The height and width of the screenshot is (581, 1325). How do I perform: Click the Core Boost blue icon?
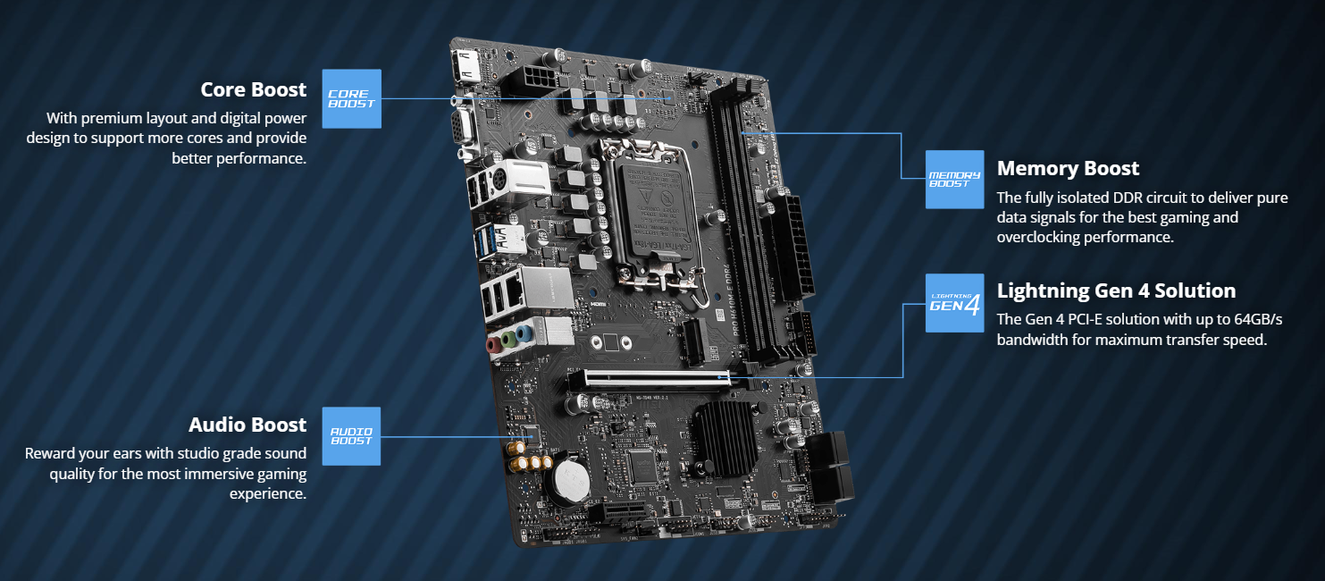(x=351, y=99)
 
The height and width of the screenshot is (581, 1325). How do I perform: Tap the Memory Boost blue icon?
(x=955, y=180)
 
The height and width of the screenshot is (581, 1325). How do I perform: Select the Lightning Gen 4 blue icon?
(x=955, y=303)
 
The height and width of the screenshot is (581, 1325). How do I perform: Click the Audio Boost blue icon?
(x=351, y=436)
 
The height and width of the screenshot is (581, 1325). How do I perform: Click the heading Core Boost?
(x=253, y=90)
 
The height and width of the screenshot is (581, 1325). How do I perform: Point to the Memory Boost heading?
(x=1068, y=169)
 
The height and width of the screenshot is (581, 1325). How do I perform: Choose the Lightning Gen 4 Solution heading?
(x=1116, y=291)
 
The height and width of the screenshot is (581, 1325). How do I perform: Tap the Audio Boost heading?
(x=247, y=425)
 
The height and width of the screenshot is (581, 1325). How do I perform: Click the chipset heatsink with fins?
(x=726, y=438)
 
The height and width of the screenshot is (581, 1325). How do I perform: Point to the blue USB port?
(x=486, y=240)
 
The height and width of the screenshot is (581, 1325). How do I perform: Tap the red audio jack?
(x=493, y=345)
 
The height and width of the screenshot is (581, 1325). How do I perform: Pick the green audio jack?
(x=508, y=340)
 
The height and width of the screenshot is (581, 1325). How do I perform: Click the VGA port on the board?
(x=463, y=128)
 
